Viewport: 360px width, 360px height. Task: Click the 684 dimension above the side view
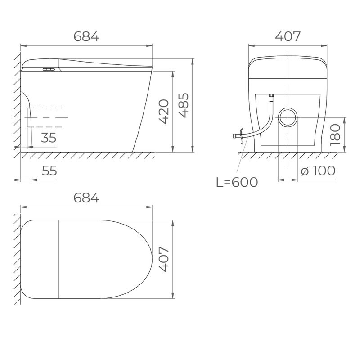click(86, 36)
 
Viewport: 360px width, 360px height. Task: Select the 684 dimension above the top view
click(86, 198)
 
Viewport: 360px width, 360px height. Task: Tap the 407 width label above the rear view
click(288, 36)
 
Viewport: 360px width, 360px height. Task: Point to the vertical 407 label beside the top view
click(164, 259)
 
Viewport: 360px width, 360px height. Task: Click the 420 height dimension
click(164, 112)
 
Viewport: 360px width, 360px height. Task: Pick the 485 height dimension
click(184, 105)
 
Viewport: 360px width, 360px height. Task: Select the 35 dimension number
click(49, 138)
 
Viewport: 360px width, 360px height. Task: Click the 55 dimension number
click(49, 171)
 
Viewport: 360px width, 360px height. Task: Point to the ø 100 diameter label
click(318, 171)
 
